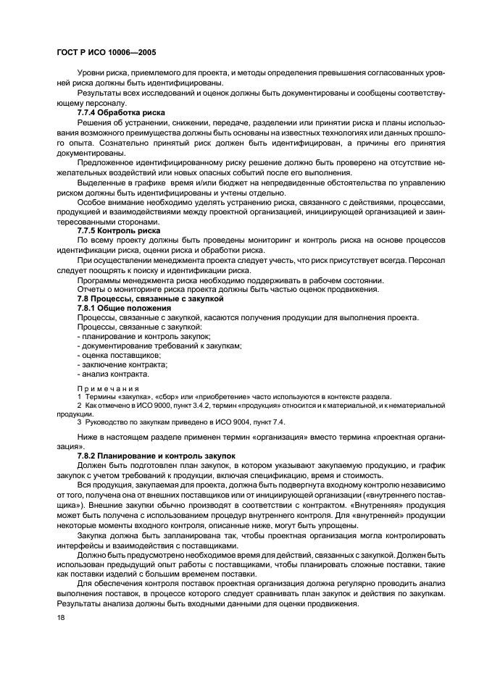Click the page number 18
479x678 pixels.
pos(61,616)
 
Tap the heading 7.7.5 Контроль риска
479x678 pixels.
pos(119,230)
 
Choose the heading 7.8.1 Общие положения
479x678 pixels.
pos(124,308)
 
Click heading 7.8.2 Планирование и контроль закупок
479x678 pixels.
pos(157,454)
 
